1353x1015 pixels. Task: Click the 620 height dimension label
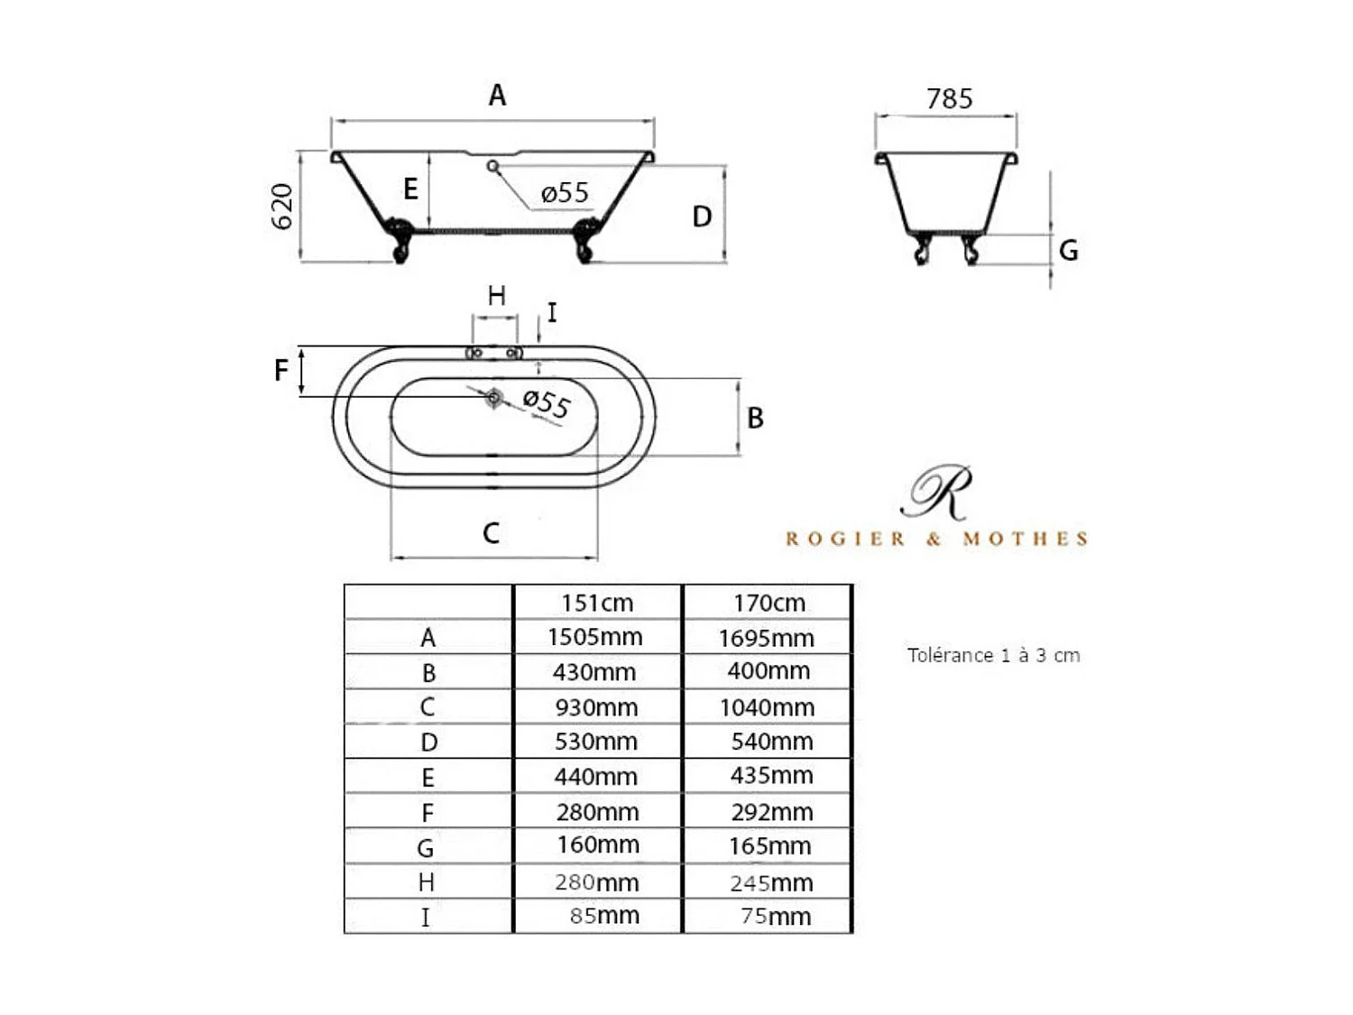point(282,207)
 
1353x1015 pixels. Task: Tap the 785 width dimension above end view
point(949,98)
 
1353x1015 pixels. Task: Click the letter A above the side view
point(497,96)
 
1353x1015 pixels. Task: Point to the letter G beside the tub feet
point(1068,250)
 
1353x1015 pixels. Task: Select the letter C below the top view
point(492,533)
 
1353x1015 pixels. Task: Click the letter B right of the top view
point(755,418)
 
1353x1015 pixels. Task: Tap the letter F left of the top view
point(281,371)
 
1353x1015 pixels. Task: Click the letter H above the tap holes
point(496,296)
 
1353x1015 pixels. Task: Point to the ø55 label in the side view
point(565,193)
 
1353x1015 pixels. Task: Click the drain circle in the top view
point(493,398)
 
